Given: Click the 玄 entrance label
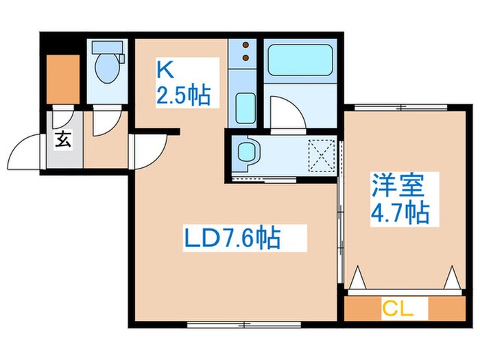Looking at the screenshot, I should point(62,142).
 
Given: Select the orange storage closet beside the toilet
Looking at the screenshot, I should point(61,75).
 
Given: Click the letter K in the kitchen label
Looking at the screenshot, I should point(165,69).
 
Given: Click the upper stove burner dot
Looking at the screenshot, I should point(245,47).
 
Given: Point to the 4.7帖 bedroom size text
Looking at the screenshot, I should point(401,213).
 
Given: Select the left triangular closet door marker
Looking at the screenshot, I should point(357,278).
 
